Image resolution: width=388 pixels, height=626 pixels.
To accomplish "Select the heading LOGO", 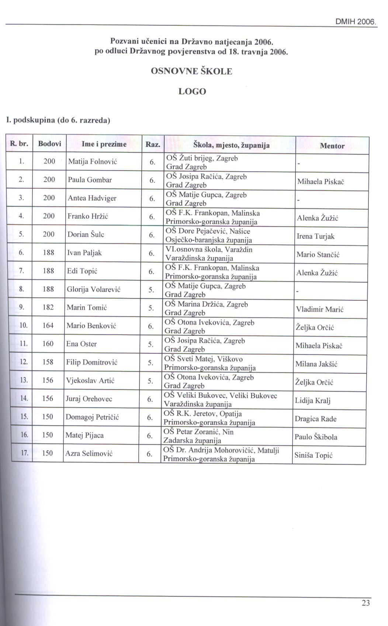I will pos(192,91).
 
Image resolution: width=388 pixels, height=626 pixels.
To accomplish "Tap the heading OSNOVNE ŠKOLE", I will pos(192,71).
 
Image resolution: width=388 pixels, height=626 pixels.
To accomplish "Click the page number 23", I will pos(366,603).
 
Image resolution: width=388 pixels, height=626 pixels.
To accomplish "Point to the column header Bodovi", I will pos(49,144).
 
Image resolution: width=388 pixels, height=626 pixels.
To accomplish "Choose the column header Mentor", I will pos(332,146).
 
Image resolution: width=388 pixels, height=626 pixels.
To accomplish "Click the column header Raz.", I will pos(153,145).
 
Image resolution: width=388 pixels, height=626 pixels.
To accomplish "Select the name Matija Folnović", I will pos(93,161).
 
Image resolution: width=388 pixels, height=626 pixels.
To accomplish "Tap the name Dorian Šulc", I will pos(86,234).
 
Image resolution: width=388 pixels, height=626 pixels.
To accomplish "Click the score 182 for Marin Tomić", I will pos(48,307).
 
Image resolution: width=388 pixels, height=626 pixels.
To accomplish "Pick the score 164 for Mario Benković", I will pos(48,325).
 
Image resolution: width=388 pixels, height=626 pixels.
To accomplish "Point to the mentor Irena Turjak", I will pos(315,236).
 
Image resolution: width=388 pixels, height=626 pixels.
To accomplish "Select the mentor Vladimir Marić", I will pos(319,309).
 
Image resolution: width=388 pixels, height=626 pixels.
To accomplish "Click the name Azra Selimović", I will pos(89,453).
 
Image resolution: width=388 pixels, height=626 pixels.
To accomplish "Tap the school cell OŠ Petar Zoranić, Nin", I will pos(199,436).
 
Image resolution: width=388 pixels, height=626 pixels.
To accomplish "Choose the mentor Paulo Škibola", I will pos(316,437).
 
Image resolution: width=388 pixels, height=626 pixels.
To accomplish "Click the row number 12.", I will pos(24,362).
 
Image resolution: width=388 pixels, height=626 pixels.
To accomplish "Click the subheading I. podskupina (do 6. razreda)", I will pos(58,120).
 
